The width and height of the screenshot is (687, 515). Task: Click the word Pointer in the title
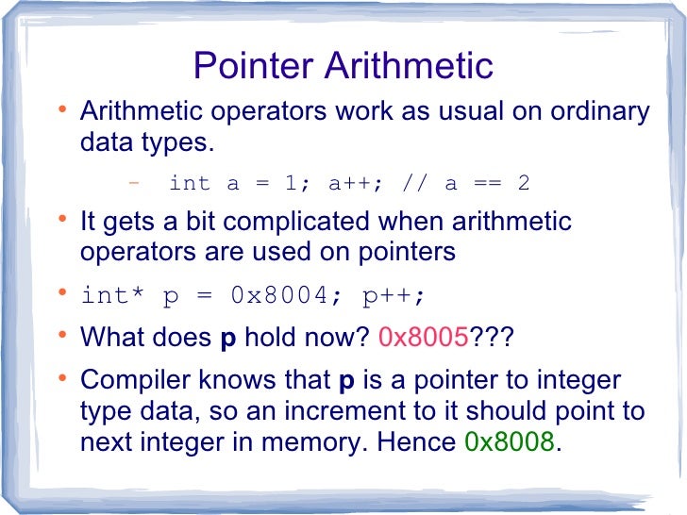pyautogui.click(x=253, y=66)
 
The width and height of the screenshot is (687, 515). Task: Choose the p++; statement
pyautogui.click(x=394, y=295)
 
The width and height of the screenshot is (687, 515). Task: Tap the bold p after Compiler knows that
pyautogui.click(x=344, y=382)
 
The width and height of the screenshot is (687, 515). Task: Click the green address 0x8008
pyautogui.click(x=511, y=441)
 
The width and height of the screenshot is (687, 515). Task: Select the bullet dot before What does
pyautogui.click(x=62, y=335)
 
